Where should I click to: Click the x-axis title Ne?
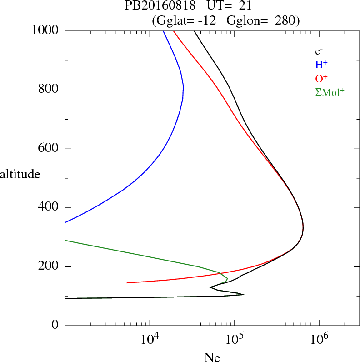tap(212, 357)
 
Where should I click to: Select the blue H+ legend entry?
tap(322, 65)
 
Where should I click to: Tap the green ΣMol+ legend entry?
tap(330, 91)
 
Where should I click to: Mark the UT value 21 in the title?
tap(245, 6)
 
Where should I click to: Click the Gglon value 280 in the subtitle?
tap(288, 20)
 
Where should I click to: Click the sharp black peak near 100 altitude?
tap(244, 295)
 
